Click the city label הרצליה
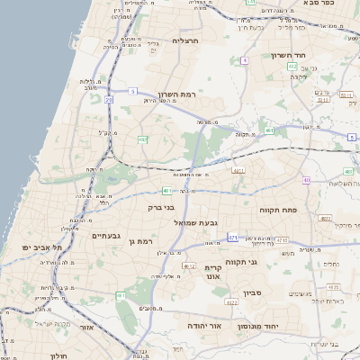(185, 40)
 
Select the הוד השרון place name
(289, 55)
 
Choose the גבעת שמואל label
(196, 222)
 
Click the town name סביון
(251, 292)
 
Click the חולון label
(56, 355)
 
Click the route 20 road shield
(108, 100)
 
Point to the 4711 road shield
(238, 169)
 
